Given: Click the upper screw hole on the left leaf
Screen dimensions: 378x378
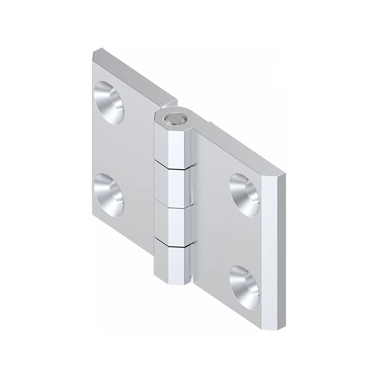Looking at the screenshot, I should point(109,102).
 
